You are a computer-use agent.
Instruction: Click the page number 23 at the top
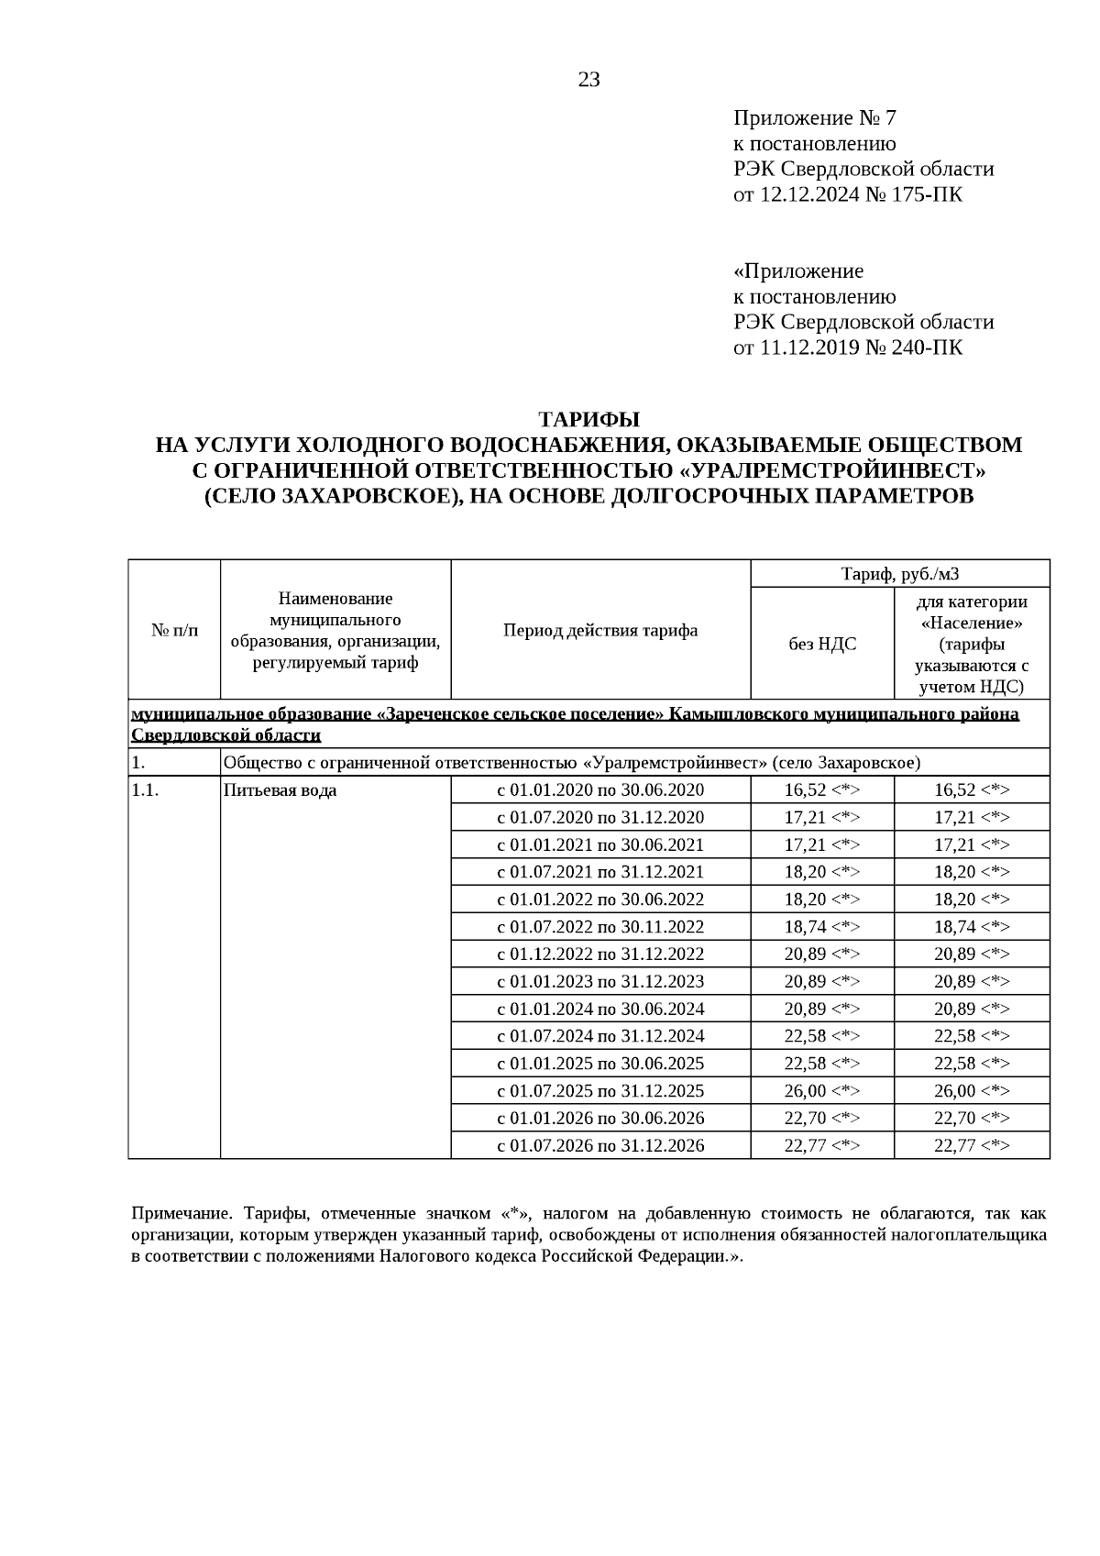pyautogui.click(x=588, y=80)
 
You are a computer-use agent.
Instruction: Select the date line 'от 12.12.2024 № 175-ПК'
pyautogui.click(x=848, y=194)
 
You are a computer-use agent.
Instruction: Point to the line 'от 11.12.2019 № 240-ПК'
pyautogui.click(x=848, y=348)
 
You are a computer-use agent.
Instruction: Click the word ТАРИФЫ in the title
pyautogui.click(x=588, y=419)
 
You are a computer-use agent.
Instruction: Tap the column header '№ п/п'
pyautogui.click(x=174, y=630)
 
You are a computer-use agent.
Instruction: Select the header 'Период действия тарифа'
pyautogui.click(x=600, y=630)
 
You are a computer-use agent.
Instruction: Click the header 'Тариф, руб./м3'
pyautogui.click(x=899, y=574)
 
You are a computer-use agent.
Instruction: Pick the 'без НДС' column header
pyautogui.click(x=822, y=644)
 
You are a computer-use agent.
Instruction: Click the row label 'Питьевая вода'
pyautogui.click(x=280, y=790)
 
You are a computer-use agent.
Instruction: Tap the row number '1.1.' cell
pyautogui.click(x=146, y=790)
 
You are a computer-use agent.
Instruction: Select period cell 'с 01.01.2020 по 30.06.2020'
pyautogui.click(x=600, y=790)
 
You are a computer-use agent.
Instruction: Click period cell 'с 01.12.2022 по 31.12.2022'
pyautogui.click(x=600, y=955)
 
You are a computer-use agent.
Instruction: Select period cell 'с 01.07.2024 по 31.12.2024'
pyautogui.click(x=600, y=1037)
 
